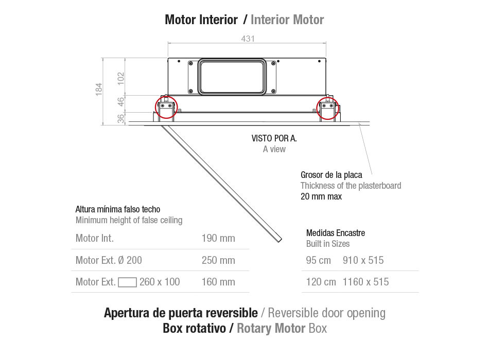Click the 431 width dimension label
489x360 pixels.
click(248, 39)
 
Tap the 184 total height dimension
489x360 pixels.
click(98, 89)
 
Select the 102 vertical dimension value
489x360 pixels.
click(120, 79)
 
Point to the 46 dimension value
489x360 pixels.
click(120, 102)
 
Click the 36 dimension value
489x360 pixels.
click(120, 119)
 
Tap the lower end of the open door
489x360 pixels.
click(280, 240)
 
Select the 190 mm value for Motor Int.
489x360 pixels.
click(218, 239)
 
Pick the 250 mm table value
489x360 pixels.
click(218, 260)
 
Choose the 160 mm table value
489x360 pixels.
click(218, 282)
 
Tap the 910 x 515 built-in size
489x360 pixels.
click(363, 260)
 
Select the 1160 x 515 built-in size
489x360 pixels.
click(365, 282)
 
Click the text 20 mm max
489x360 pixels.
click(321, 196)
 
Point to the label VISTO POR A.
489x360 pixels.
click(274, 138)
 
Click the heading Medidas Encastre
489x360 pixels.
click(336, 233)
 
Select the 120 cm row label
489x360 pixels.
click(321, 282)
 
